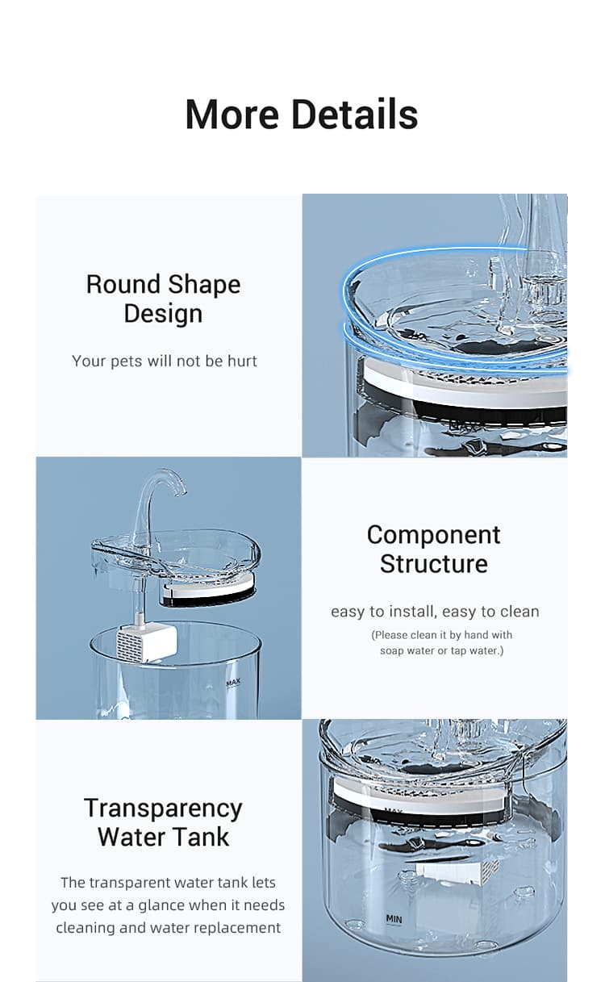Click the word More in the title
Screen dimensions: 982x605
232,114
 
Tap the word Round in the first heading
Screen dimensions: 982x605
122,285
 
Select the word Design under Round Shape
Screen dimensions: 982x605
163,314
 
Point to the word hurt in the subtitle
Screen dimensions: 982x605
242,361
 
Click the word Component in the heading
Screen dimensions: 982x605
434,535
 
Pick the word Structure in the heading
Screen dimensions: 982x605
434,564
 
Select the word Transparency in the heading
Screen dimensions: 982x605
163,808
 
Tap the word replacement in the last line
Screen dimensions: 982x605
237,928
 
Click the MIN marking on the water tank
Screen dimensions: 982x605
394,918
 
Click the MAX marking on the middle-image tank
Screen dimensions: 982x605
234,682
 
